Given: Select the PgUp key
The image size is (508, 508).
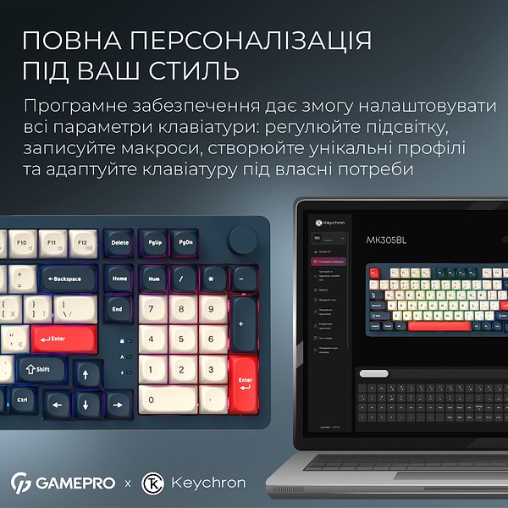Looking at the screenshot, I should tap(154, 242).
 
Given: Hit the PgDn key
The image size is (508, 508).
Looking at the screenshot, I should tap(185, 242).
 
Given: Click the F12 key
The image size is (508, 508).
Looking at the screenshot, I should tap(83, 243).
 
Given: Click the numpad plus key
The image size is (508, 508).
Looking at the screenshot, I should tap(244, 323).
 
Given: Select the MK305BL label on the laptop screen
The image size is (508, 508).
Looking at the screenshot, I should tap(385, 240).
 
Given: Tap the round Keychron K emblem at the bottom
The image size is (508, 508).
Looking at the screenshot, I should tap(153, 483).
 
